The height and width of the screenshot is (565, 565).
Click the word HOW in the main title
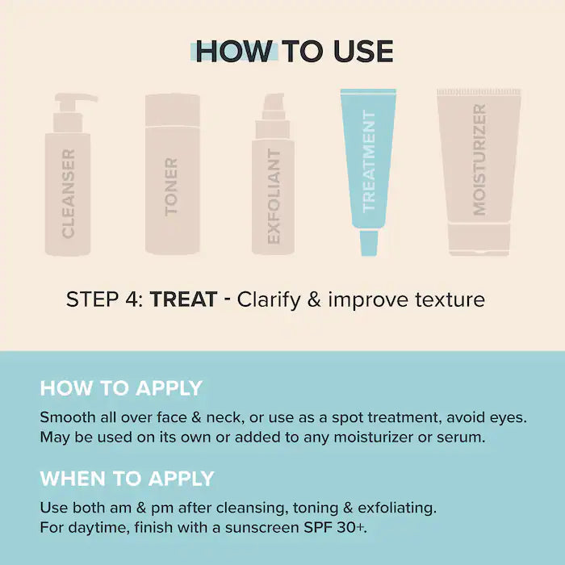(x=234, y=51)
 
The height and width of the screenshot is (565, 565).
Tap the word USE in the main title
(x=363, y=51)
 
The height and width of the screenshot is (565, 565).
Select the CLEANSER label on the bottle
(x=68, y=194)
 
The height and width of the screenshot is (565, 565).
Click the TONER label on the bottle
(x=171, y=186)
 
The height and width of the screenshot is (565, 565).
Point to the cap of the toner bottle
(x=173, y=110)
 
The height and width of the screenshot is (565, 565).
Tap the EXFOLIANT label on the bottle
(x=274, y=197)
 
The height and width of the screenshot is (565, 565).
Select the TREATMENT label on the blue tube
(x=369, y=161)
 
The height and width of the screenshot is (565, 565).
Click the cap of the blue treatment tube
(x=369, y=243)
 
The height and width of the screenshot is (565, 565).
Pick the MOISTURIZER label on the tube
(x=479, y=160)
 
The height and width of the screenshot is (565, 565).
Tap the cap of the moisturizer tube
(x=479, y=239)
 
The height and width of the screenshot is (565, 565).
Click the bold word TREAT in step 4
(x=184, y=299)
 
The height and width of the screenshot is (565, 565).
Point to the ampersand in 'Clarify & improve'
(x=314, y=299)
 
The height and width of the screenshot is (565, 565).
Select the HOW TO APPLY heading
(x=121, y=388)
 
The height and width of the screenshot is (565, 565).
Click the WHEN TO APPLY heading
(x=127, y=479)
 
